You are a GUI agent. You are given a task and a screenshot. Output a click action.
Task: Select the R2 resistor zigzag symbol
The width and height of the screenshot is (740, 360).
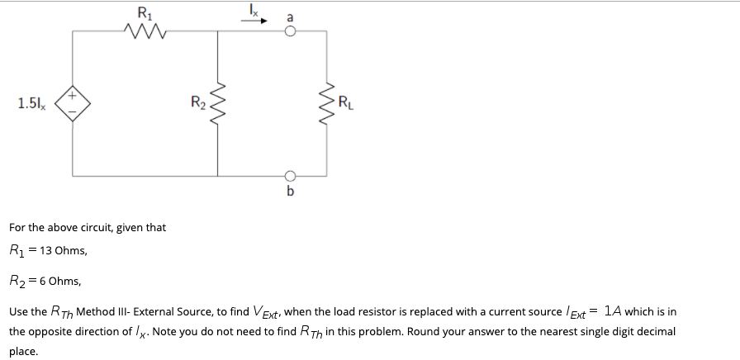pyautogui.click(x=217, y=104)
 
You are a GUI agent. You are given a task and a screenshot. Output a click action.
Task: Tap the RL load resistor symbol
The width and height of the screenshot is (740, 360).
pyautogui.click(x=327, y=104)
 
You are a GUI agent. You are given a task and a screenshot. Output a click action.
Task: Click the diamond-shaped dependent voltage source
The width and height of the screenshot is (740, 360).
pyautogui.click(x=72, y=103)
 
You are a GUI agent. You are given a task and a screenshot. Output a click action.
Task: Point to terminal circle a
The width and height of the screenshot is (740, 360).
pyautogui.click(x=290, y=31)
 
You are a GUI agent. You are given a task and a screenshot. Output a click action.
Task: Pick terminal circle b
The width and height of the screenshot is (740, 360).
pyautogui.click(x=290, y=176)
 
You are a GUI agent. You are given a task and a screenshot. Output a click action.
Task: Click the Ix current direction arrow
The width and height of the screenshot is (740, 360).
pyautogui.click(x=254, y=21)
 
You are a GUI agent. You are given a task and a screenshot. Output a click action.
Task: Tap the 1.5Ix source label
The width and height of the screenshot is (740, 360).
pyautogui.click(x=32, y=103)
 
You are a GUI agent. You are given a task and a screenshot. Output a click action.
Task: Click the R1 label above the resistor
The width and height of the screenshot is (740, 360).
pyautogui.click(x=145, y=12)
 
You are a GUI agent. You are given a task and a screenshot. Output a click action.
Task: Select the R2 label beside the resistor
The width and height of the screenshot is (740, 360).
pyautogui.click(x=197, y=102)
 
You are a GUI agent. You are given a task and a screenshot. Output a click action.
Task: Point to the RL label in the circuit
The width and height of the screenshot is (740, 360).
pyautogui.click(x=345, y=102)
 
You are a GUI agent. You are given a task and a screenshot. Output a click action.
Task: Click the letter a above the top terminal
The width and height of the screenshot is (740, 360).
pyautogui.click(x=290, y=17)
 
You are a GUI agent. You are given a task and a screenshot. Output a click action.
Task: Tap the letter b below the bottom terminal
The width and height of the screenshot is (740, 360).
pyautogui.click(x=290, y=191)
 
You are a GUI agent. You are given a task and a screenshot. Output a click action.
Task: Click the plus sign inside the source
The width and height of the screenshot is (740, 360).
pyautogui.click(x=72, y=95)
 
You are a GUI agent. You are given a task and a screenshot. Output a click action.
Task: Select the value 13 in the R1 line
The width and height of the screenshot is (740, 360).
pyautogui.click(x=45, y=250)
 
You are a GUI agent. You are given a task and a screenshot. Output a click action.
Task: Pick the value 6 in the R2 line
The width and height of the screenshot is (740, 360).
pyautogui.click(x=42, y=282)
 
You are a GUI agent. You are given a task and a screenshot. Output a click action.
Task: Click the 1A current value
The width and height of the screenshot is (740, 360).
pyautogui.click(x=612, y=311)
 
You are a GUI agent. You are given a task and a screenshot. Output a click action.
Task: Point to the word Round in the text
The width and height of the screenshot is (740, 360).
pyautogui.click(x=420, y=332)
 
